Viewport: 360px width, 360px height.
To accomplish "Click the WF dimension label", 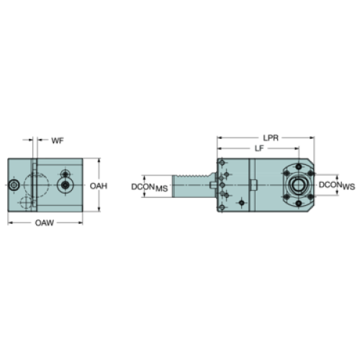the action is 58,140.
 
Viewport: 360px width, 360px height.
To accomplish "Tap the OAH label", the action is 99,186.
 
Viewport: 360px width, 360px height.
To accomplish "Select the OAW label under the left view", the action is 45,223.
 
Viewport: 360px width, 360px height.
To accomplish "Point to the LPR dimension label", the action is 271,138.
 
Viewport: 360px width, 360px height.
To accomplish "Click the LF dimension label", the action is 259,148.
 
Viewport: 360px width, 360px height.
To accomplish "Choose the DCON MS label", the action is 149,187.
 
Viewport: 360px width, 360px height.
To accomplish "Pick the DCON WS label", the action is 337,186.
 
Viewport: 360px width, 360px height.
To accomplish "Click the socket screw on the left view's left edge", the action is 14,185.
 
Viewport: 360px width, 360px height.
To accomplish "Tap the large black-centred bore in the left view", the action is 65,185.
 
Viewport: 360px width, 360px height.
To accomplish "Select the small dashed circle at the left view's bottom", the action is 26,203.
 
